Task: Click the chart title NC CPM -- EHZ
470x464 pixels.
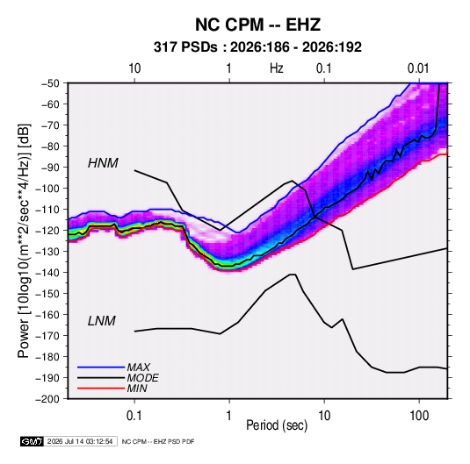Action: click(257, 25)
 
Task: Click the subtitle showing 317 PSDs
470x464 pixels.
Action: click(257, 47)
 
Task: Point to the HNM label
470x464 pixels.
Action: click(103, 163)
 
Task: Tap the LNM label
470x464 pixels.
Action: click(102, 321)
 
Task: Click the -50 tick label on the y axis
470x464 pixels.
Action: click(50, 83)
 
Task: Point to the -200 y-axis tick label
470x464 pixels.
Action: click(47, 399)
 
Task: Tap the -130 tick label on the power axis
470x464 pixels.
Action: click(47, 252)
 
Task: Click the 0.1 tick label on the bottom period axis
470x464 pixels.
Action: click(134, 416)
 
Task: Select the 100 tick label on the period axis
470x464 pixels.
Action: click(419, 416)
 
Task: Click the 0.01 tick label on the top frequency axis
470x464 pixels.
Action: click(418, 68)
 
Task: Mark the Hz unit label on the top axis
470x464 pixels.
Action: click(277, 68)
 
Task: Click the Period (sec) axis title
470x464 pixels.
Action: click(277, 425)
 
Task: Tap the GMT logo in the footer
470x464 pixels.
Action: click(33, 441)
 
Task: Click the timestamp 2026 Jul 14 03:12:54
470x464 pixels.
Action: click(80, 441)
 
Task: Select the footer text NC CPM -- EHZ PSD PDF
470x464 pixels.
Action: click(158, 441)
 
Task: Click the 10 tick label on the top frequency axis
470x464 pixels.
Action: click(134, 68)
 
